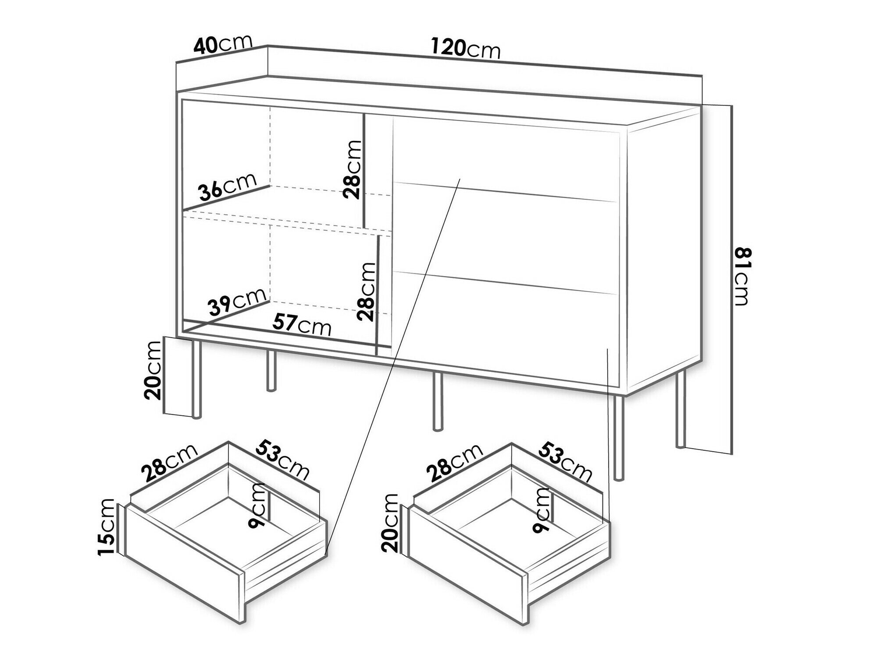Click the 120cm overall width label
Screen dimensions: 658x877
pos(465,48)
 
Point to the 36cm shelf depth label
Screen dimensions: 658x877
pos(227,189)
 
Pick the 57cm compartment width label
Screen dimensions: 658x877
pos(302,325)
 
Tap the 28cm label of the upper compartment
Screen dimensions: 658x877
pos(352,169)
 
